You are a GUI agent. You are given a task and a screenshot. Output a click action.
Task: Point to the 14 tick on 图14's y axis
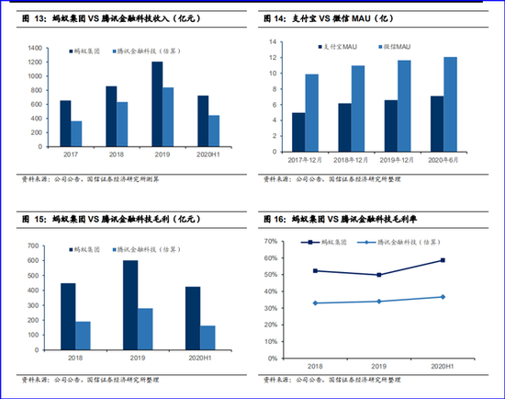272,42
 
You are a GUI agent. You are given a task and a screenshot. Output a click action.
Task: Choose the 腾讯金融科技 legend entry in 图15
144,249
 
